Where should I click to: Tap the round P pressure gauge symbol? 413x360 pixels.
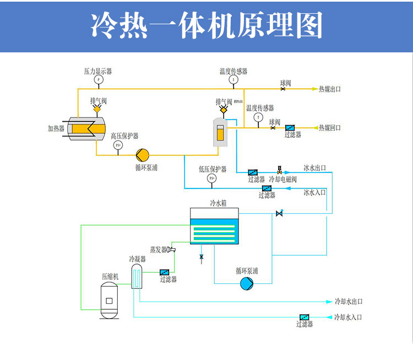(x=99, y=80)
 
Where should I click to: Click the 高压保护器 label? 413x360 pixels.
(x=124, y=136)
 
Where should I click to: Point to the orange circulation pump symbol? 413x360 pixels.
(x=142, y=154)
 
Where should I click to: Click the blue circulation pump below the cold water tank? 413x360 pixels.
(x=246, y=283)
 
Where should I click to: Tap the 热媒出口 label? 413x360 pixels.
(x=330, y=89)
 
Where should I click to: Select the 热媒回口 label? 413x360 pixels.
(x=330, y=128)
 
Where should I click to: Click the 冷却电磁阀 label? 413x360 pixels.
(x=283, y=180)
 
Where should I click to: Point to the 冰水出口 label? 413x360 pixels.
(x=314, y=168)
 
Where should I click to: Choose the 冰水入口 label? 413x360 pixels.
(x=314, y=192)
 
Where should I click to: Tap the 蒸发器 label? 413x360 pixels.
(x=158, y=250)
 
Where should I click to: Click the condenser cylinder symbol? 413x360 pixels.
(x=137, y=276)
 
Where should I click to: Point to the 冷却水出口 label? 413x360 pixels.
(x=349, y=302)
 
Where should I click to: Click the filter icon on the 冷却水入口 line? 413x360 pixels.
(x=304, y=318)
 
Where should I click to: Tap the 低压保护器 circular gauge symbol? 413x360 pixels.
(x=211, y=179)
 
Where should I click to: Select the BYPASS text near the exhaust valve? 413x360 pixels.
(x=238, y=101)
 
